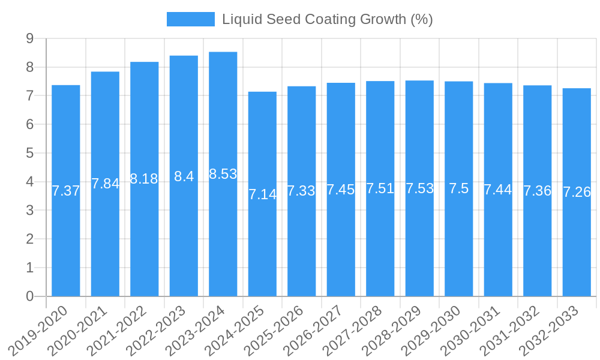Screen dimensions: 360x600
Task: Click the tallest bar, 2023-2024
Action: (223, 240)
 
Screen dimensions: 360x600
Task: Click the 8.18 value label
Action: (144, 179)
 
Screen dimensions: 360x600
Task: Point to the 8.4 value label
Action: (184, 176)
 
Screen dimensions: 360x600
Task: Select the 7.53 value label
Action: (419, 188)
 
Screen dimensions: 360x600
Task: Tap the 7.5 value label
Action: (459, 188)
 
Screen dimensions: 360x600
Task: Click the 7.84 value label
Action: (105, 184)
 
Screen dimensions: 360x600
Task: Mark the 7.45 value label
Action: (341, 190)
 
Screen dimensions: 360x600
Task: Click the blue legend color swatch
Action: (190, 19)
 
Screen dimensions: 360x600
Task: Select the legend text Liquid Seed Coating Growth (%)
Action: (328, 19)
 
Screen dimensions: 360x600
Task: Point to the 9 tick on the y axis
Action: (29, 39)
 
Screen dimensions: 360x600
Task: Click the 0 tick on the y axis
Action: (29, 296)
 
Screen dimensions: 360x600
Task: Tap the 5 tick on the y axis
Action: (29, 153)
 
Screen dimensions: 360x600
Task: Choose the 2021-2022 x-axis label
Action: (123, 331)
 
